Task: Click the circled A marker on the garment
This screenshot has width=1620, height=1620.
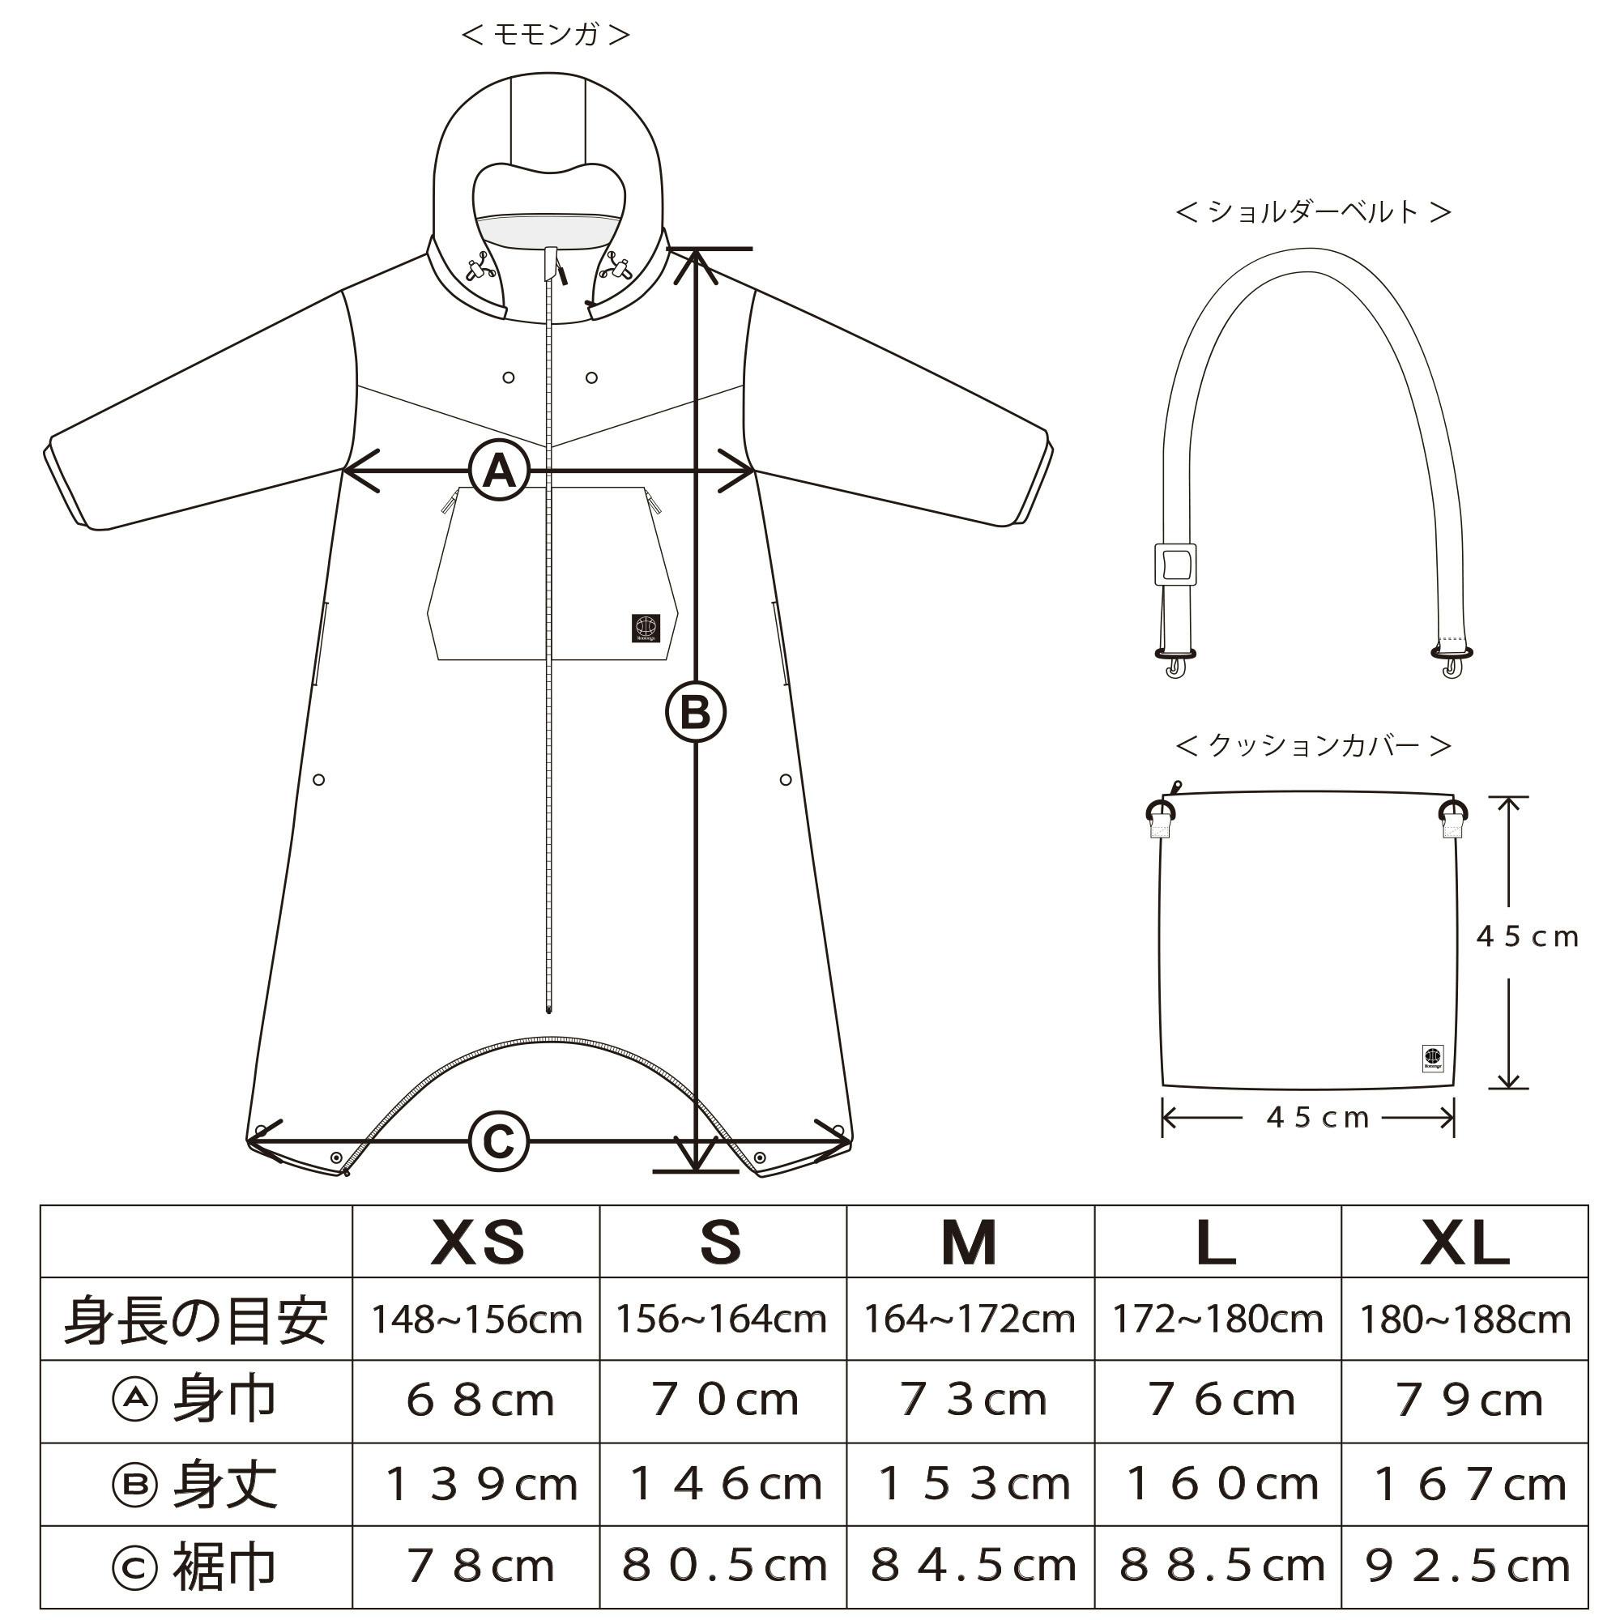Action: (x=499, y=471)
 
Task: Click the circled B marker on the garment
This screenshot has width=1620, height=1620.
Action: (x=695, y=713)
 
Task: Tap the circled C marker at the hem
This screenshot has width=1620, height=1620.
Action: (x=499, y=1141)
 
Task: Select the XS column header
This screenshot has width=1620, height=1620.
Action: (x=477, y=1242)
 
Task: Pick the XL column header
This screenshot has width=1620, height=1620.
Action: (x=1464, y=1242)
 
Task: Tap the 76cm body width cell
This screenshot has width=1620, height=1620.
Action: (x=1219, y=1400)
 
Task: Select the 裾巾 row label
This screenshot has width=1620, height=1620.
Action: (x=195, y=1567)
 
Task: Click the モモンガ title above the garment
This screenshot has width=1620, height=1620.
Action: (x=546, y=34)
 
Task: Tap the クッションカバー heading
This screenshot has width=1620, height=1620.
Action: (x=1313, y=744)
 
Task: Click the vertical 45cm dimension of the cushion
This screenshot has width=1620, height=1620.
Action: (x=1527, y=936)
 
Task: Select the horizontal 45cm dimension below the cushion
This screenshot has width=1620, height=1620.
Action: (x=1316, y=1118)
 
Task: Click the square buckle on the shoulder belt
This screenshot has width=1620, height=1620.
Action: (x=1174, y=565)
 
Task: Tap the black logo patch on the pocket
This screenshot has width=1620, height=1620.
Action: (x=646, y=628)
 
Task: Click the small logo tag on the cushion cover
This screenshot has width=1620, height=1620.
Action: (x=1433, y=1058)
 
